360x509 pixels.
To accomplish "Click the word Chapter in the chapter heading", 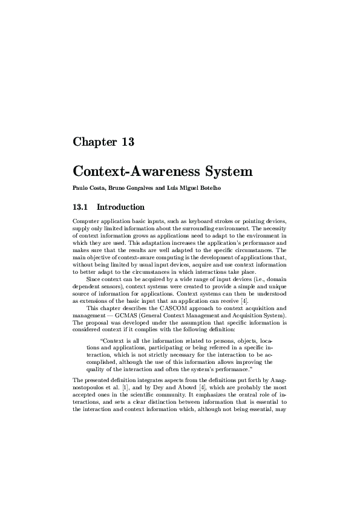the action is [x=93, y=143].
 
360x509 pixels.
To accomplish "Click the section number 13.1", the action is [x=81, y=207].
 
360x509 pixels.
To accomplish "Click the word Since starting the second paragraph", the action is [x=94, y=279].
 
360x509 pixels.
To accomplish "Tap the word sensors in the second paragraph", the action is [x=109, y=286].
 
